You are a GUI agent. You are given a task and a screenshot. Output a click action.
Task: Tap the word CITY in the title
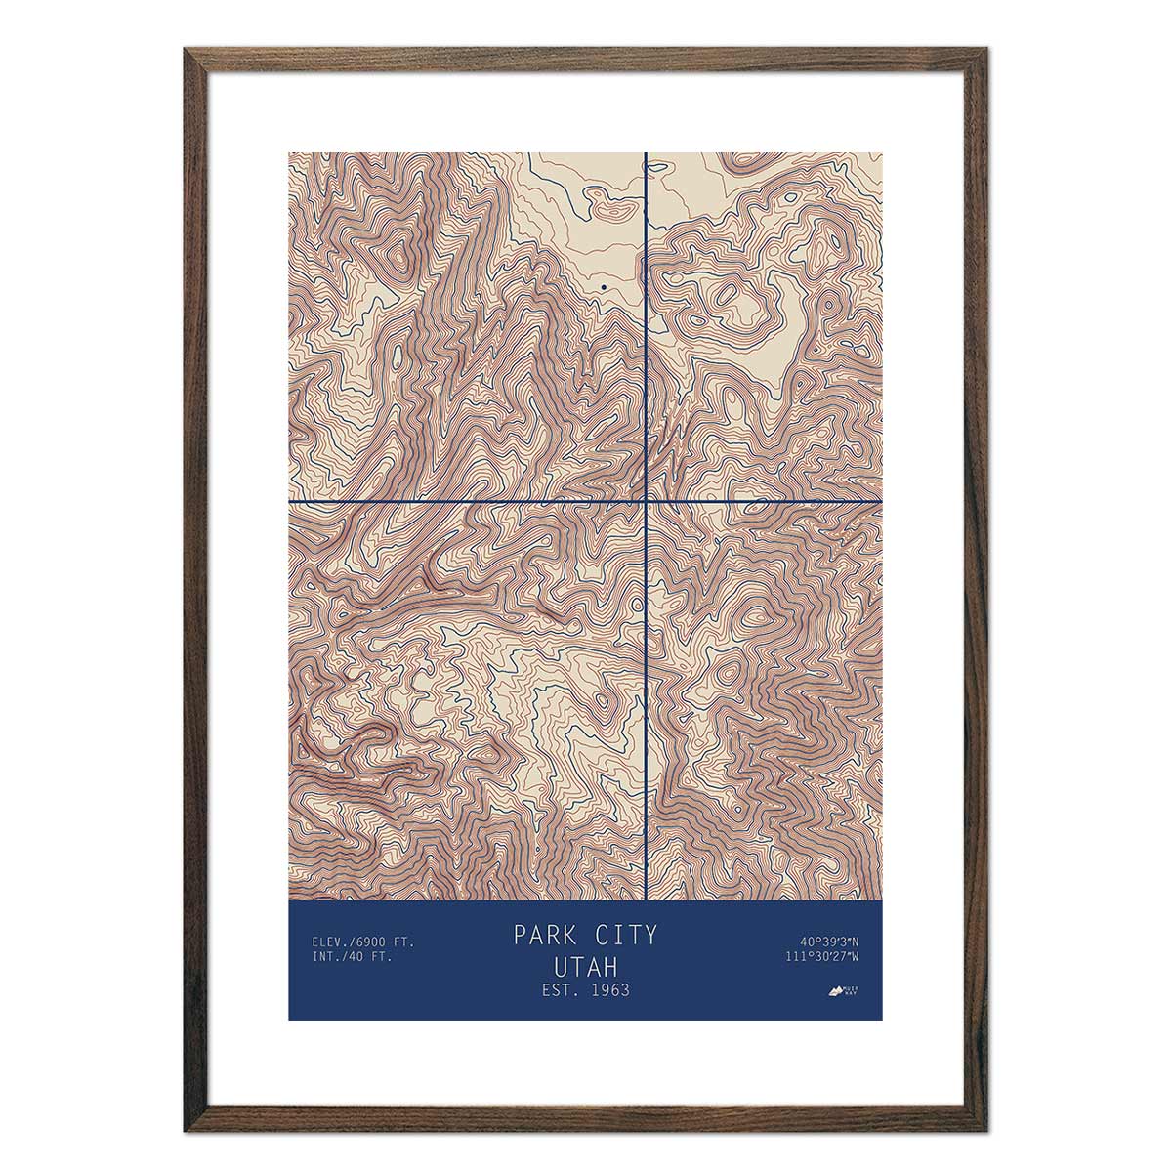pyautogui.click(x=623, y=935)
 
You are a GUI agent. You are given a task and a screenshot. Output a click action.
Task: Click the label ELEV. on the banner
pyautogui.click(x=331, y=942)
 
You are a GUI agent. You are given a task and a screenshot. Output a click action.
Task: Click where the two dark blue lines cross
pyautogui.click(x=647, y=502)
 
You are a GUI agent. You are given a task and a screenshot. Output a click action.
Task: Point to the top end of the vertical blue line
pyautogui.click(x=647, y=153)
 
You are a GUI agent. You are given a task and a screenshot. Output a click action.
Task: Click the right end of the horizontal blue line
pyautogui.click(x=881, y=502)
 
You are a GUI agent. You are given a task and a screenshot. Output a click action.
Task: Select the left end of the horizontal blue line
pyautogui.click(x=290, y=502)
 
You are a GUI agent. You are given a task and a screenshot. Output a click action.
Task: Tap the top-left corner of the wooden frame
pyautogui.click(x=187, y=49)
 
